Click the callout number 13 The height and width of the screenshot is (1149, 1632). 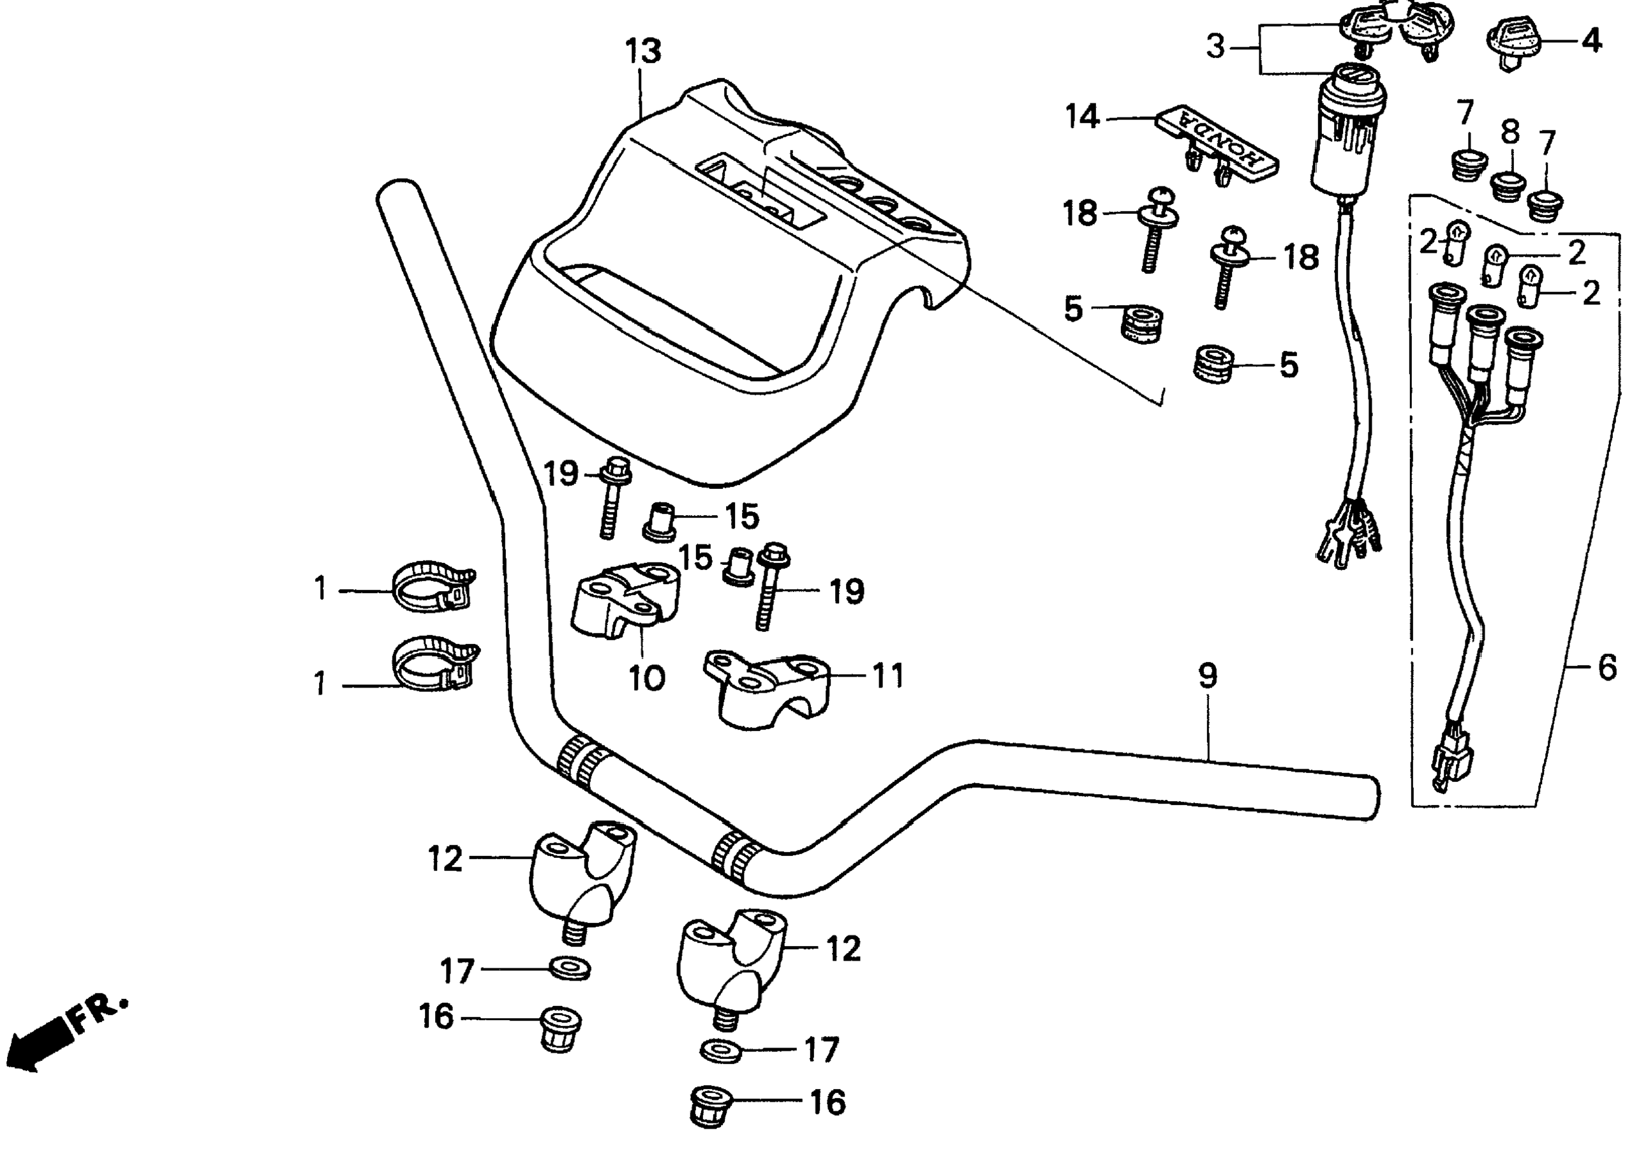click(643, 51)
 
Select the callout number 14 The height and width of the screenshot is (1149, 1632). click(1082, 117)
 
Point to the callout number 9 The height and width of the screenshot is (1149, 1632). click(1208, 675)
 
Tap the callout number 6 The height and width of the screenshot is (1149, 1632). click(1607, 668)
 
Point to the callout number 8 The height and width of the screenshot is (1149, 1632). click(1510, 131)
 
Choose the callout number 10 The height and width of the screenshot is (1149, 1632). click(647, 679)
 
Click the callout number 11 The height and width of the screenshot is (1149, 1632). click(887, 676)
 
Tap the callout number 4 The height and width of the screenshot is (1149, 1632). click(1591, 40)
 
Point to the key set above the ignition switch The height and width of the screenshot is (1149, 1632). click(1386, 29)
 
